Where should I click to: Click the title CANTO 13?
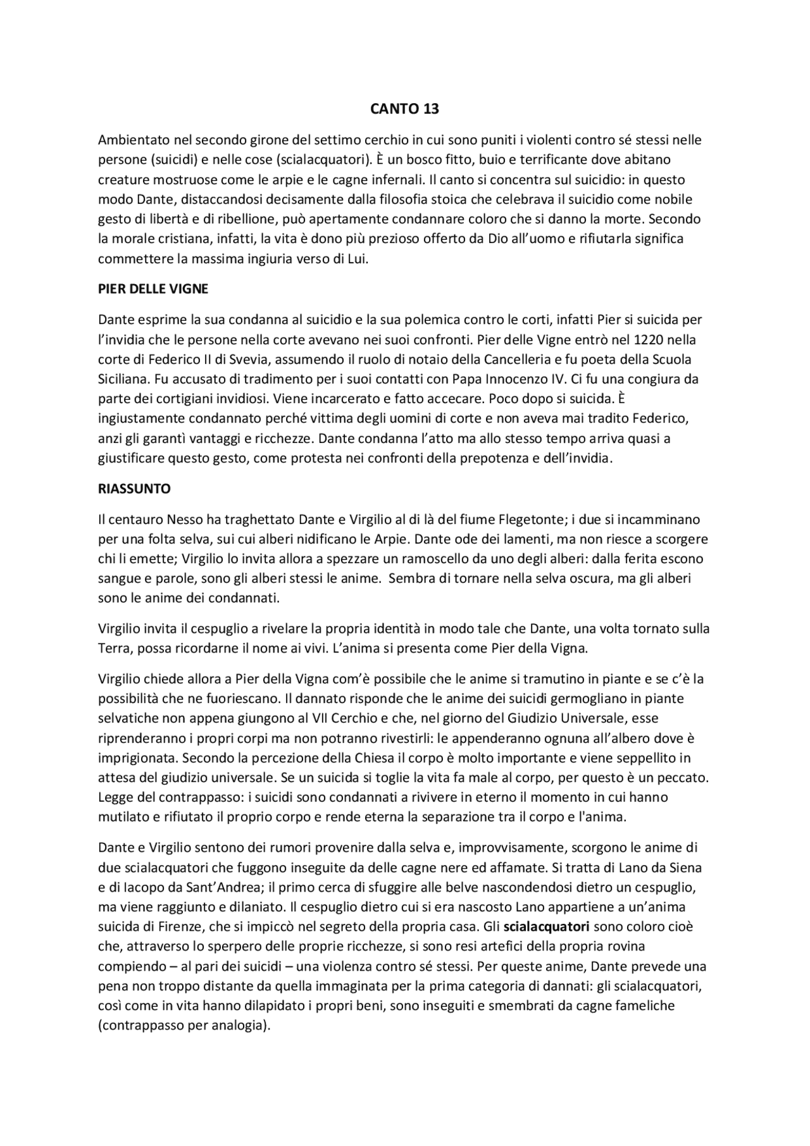click(404, 109)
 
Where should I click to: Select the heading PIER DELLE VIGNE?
click(153, 289)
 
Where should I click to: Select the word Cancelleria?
click(514, 359)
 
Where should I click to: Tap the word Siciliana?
click(123, 379)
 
